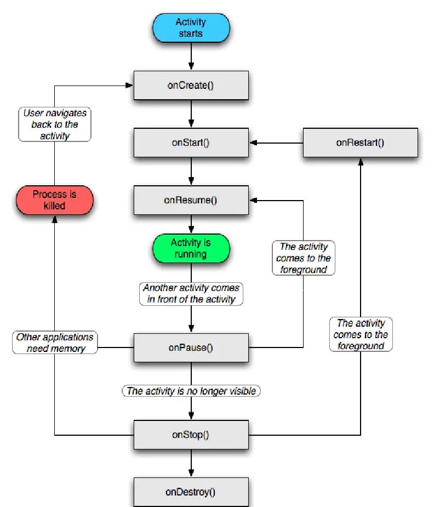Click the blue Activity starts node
tap(190, 28)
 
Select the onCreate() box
tap(191, 86)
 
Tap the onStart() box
tap(191, 143)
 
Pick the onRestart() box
tap(360, 143)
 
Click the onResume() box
tap(191, 200)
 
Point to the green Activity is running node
tap(191, 248)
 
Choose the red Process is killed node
tap(55, 200)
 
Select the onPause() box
tap(191, 347)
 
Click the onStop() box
tap(191, 435)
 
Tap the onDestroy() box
tap(191, 492)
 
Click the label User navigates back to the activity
tap(55, 124)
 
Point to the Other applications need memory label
tap(55, 343)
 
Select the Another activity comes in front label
tap(191, 293)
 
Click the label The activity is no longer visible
tap(191, 391)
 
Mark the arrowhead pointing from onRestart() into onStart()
tap(254, 143)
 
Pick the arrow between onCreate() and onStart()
tap(191, 114)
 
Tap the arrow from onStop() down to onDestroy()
tap(191, 464)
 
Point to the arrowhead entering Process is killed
tap(55, 218)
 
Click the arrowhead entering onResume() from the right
tap(254, 200)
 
